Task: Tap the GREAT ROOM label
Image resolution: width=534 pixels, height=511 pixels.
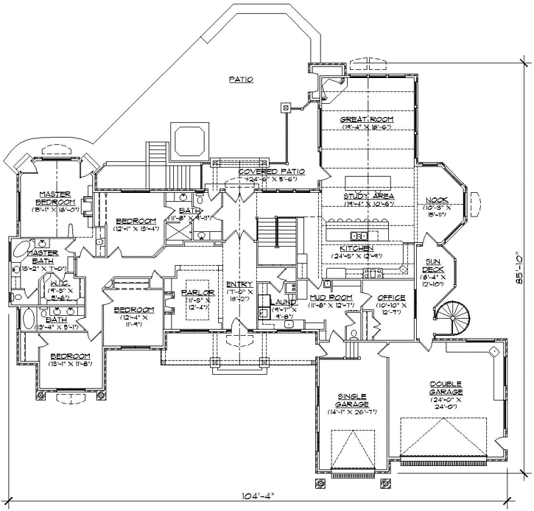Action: (x=367, y=119)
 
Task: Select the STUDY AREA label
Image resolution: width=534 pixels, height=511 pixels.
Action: (x=368, y=196)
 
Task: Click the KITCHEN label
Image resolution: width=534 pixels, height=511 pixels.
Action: (x=356, y=248)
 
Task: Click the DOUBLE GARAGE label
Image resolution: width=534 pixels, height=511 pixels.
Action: (x=451, y=388)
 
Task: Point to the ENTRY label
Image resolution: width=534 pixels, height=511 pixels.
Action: (x=241, y=284)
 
